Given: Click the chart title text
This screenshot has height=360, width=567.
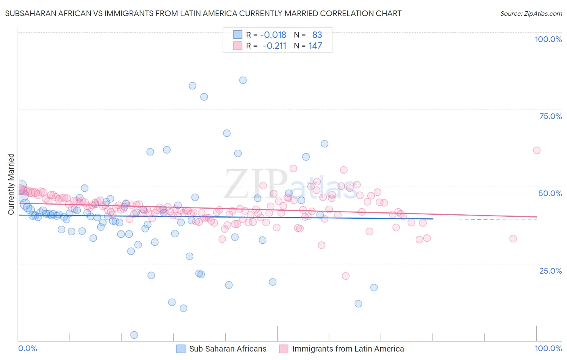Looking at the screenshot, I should point(203,13).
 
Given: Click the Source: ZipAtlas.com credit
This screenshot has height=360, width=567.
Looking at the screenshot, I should point(531,13).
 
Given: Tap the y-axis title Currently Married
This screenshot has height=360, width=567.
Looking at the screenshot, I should point(11,184).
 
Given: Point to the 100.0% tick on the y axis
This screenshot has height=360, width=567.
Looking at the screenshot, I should point(548,39).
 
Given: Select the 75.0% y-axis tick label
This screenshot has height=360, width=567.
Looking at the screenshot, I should point(550,116).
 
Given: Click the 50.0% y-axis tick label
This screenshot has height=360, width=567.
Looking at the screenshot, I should point(550,193).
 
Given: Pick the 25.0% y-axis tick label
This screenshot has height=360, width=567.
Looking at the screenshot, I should point(550,271).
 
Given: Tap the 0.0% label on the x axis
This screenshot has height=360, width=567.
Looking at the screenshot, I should point(27,348).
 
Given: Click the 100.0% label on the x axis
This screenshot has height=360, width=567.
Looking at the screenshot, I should point(548,348).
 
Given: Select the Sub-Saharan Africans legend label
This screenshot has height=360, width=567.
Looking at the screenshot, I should point(227,349).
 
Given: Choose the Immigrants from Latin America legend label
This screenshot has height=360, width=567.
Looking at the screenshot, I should point(348,349).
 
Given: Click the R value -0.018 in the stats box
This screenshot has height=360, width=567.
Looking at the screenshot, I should point(273,35).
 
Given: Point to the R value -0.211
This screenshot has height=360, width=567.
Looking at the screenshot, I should point(274,46).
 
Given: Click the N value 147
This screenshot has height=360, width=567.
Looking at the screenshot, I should point(315,46).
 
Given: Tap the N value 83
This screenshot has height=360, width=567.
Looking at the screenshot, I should point(317,35).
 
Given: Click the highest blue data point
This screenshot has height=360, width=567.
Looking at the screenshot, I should point(243,80).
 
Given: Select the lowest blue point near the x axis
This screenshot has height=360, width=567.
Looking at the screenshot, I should point(134,335).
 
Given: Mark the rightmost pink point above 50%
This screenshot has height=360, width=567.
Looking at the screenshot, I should point(537,150).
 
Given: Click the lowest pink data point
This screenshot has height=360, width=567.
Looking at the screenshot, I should point(346,276).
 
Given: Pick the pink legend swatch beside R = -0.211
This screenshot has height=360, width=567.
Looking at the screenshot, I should point(238,46).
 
